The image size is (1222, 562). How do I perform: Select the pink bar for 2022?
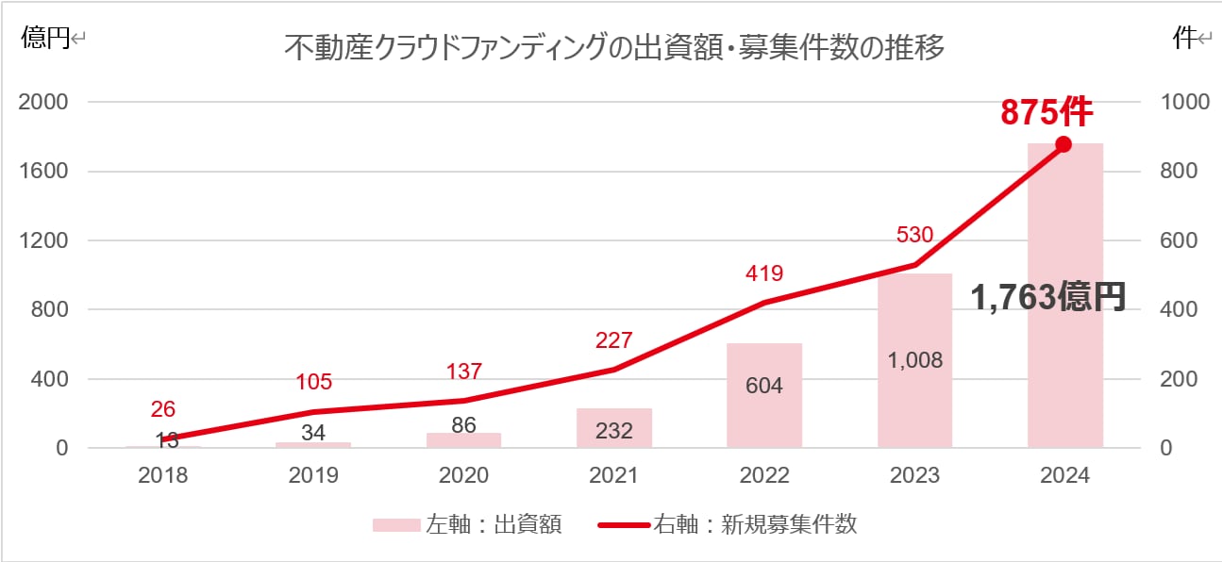[764, 415]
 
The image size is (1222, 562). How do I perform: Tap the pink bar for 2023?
[914, 396]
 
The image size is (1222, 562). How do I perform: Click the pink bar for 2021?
[614, 429]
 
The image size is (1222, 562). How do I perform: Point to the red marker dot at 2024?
[1063, 144]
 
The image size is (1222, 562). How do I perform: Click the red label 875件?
[1046, 112]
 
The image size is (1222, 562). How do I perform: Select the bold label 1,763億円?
[1048, 298]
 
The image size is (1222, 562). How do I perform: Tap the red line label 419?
[763, 273]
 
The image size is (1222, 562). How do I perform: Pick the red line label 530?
[914, 234]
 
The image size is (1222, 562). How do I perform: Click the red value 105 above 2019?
[313, 382]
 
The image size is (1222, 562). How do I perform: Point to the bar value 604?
[763, 386]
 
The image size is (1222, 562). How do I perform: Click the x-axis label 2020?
[463, 475]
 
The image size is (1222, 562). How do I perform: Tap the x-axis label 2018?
[163, 475]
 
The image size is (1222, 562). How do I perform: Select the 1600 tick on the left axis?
[43, 172]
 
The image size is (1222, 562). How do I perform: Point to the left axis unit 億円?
[45, 39]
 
